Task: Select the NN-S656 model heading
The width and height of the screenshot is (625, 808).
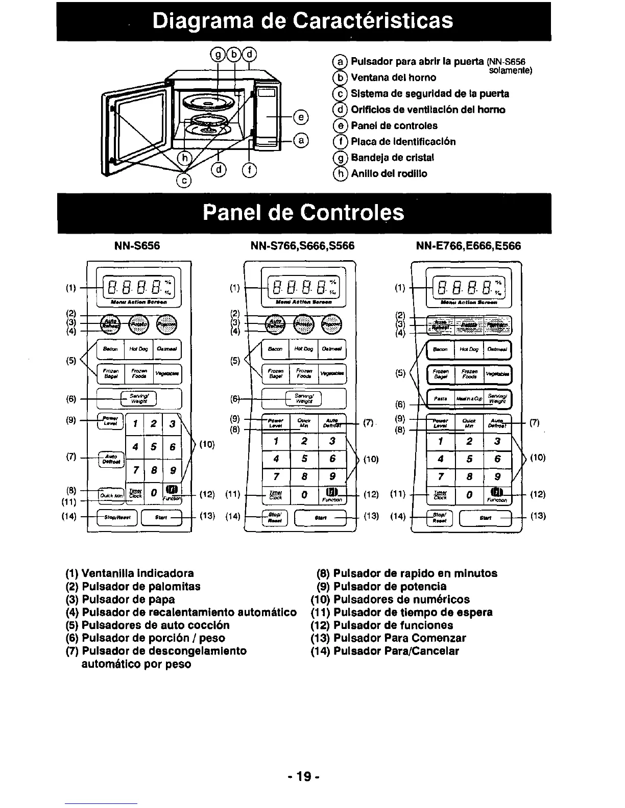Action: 136,246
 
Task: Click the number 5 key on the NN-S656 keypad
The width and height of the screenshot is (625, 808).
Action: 153,447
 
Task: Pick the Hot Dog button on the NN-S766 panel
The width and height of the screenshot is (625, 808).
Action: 303,349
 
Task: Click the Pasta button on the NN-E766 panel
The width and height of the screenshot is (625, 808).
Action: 440,398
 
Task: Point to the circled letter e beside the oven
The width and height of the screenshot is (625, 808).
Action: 301,117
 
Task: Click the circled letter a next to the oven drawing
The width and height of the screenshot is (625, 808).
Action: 301,140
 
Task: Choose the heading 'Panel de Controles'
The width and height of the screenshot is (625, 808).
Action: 303,213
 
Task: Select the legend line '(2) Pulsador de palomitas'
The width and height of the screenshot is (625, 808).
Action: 133,587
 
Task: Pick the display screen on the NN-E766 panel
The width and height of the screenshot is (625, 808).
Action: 468,287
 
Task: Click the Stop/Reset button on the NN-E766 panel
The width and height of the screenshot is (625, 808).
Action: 439,518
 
